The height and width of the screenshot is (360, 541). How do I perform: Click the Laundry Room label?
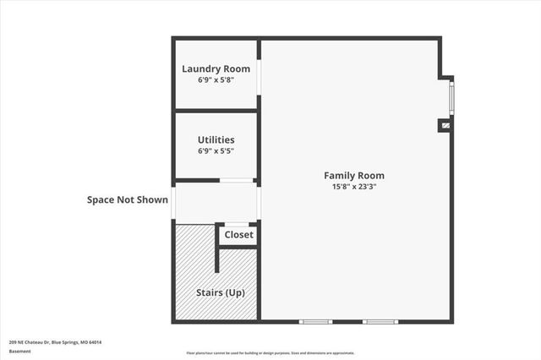coord(216,69)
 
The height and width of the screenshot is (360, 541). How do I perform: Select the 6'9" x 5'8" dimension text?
coord(216,81)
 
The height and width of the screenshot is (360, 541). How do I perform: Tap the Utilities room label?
coord(216,139)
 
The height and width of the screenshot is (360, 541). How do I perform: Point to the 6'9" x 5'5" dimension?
coord(216,151)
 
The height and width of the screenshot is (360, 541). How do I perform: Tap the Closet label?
coord(238,234)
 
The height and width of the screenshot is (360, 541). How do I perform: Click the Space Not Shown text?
coord(127,200)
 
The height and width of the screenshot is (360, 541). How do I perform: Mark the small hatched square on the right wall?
coord(445,126)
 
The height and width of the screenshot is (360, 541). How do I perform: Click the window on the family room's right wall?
coord(451,97)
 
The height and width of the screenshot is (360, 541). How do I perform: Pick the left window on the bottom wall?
coord(316,321)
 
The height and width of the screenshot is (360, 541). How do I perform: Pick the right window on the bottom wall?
coord(380,321)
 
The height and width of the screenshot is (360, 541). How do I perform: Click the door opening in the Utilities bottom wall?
coord(238,180)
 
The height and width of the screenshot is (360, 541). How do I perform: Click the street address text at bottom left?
coord(55,342)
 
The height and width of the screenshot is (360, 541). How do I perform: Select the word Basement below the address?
coord(20,352)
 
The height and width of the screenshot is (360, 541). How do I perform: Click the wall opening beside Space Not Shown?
coord(173,203)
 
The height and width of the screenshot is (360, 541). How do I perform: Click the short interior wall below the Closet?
coord(218,259)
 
